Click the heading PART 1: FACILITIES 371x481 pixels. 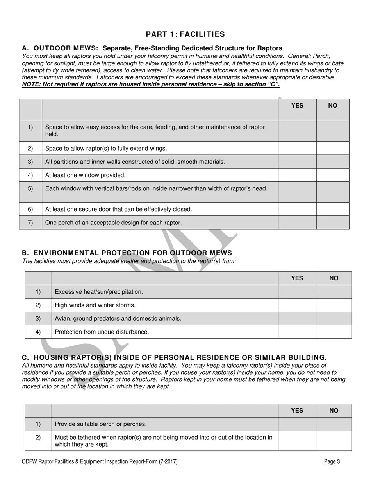pyautogui.click(x=185, y=34)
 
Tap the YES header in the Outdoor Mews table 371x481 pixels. pyautogui.click(x=297, y=106)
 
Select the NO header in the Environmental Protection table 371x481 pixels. pyautogui.click(x=334, y=278)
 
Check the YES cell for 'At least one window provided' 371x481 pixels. pyautogui.click(x=297, y=175)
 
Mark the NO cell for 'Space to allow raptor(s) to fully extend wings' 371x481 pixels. pyautogui.click(x=332, y=149)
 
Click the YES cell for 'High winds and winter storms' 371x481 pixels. pyautogui.click(x=297, y=305)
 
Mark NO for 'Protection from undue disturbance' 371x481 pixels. pyautogui.click(x=334, y=332)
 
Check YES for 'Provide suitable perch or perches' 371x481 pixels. pyautogui.click(x=297, y=424)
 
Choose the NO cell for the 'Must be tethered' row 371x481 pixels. pyautogui.click(x=334, y=441)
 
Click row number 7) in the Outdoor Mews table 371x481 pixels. pyautogui.click(x=30, y=223)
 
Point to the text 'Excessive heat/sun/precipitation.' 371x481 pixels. pyautogui.click(x=99, y=292)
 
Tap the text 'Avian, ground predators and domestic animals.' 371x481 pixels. pyautogui.click(x=118, y=319)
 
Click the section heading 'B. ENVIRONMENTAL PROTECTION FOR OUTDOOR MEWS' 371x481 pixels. pyautogui.click(x=127, y=253)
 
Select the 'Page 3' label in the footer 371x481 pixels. pyautogui.click(x=332, y=462)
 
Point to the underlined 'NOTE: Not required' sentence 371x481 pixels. pyautogui.click(x=151, y=84)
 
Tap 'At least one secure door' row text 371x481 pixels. pyautogui.click(x=119, y=210)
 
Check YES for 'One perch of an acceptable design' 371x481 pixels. pyautogui.click(x=297, y=223)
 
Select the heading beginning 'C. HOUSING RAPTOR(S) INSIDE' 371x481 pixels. pyautogui.click(x=174, y=358)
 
